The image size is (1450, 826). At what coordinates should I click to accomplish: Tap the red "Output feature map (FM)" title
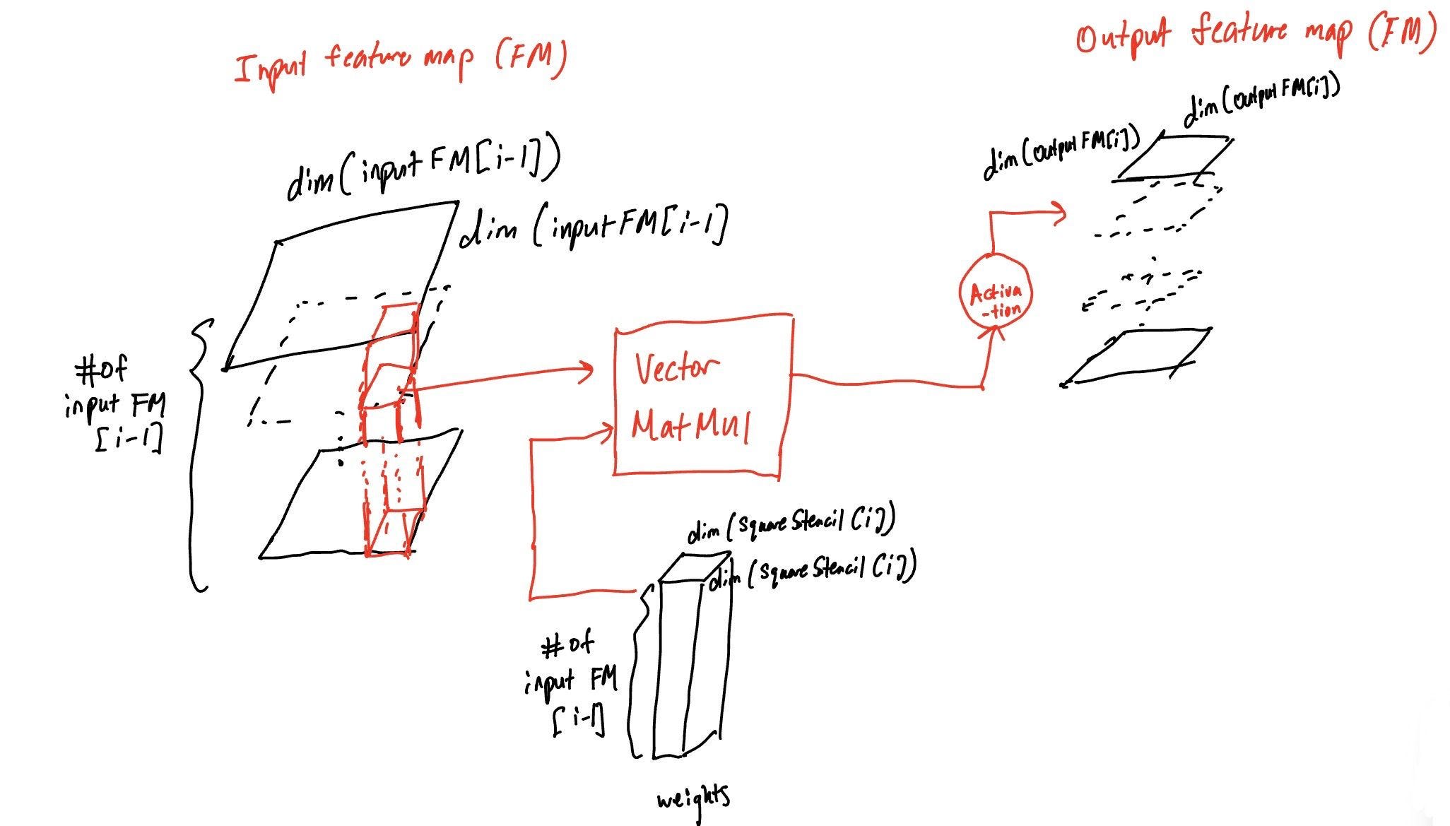coord(1256,35)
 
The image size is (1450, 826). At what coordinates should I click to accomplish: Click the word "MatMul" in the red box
coord(690,426)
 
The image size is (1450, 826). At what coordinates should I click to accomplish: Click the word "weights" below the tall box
coord(692,801)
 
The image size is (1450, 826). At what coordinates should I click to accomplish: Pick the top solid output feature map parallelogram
coord(1173,158)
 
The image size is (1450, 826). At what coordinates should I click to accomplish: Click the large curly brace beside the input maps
coord(199,452)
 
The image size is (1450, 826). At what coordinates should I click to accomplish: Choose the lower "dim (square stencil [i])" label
coord(813,570)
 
